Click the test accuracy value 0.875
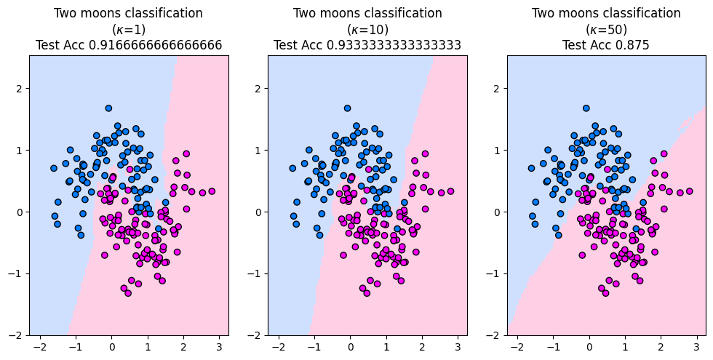coord(629,45)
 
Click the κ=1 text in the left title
coord(129,29)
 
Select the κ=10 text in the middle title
coord(367,29)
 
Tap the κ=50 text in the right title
coord(606,29)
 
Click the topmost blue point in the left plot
coord(108,108)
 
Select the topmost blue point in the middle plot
coord(347,108)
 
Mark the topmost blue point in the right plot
coord(586,108)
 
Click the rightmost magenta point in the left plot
coord(212,191)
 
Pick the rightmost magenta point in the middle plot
coord(450,191)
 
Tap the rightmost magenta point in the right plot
coord(689,191)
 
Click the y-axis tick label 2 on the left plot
coord(20,88)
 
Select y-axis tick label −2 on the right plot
coord(495,335)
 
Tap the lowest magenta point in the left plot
coord(128,293)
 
